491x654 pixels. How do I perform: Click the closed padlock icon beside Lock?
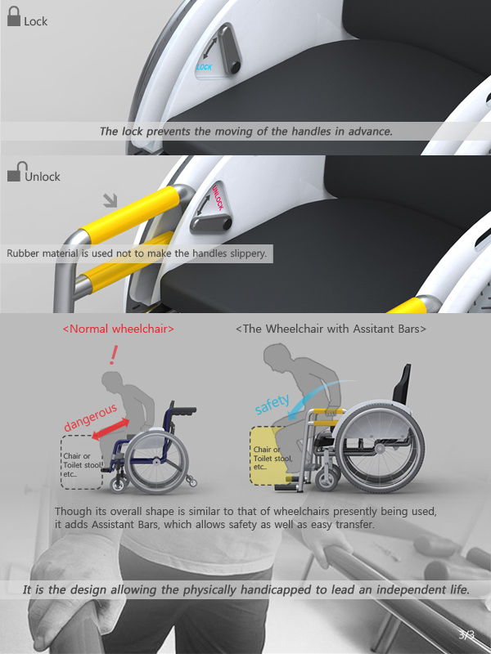pos(14,16)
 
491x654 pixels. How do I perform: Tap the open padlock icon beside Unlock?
pos(16,172)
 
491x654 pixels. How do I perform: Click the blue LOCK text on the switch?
pos(205,67)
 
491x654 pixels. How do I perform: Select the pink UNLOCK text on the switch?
pos(218,197)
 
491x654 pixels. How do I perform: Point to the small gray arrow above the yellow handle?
pos(110,200)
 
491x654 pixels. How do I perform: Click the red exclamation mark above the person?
pos(113,355)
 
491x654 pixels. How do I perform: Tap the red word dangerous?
pos(90,418)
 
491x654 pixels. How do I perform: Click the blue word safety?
pos(272,404)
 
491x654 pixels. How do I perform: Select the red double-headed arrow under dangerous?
pos(110,429)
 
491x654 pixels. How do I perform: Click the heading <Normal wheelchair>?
pos(118,329)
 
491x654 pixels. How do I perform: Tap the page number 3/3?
pos(466,635)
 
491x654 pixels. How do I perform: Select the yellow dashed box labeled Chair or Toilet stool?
pos(272,455)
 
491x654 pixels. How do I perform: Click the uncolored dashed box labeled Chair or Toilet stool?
pos(82,462)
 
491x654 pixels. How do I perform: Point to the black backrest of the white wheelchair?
pos(402,384)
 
